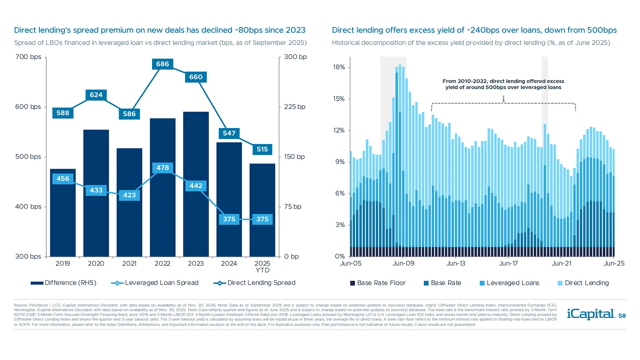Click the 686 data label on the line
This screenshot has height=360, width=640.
click(x=162, y=64)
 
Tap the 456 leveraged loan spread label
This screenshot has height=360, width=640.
click(x=63, y=179)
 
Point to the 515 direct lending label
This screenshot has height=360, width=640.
click(x=262, y=149)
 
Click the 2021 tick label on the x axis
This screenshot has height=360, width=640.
click(x=129, y=264)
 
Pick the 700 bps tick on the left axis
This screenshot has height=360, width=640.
click(x=28, y=57)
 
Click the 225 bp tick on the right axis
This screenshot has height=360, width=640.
click(x=294, y=107)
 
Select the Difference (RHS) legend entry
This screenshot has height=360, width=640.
click(x=63, y=283)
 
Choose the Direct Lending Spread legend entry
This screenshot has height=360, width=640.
click(x=254, y=283)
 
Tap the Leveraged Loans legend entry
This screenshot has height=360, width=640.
click(x=509, y=283)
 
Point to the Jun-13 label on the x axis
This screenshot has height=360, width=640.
click(x=456, y=264)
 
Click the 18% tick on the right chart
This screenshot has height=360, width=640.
click(x=339, y=67)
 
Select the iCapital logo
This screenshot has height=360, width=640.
click(x=591, y=314)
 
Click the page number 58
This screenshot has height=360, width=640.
click(x=622, y=316)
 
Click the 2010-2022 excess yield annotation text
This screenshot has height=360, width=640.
click(x=503, y=84)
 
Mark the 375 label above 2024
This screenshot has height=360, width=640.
click(x=229, y=219)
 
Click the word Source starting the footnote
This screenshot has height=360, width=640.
click(x=21, y=305)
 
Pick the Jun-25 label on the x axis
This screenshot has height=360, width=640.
click(x=614, y=264)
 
